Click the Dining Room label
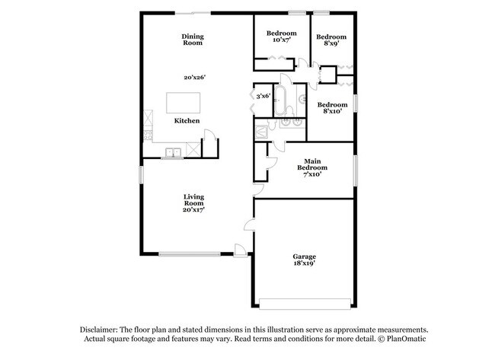(x=192, y=40)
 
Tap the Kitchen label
(x=187, y=121)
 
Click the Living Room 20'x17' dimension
(x=193, y=209)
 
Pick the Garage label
(x=304, y=256)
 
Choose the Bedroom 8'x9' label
(x=331, y=40)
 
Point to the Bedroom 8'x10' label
(x=332, y=108)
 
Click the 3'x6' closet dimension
(x=263, y=96)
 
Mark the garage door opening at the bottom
(x=304, y=302)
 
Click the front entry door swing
(x=240, y=249)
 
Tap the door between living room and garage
(x=248, y=224)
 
